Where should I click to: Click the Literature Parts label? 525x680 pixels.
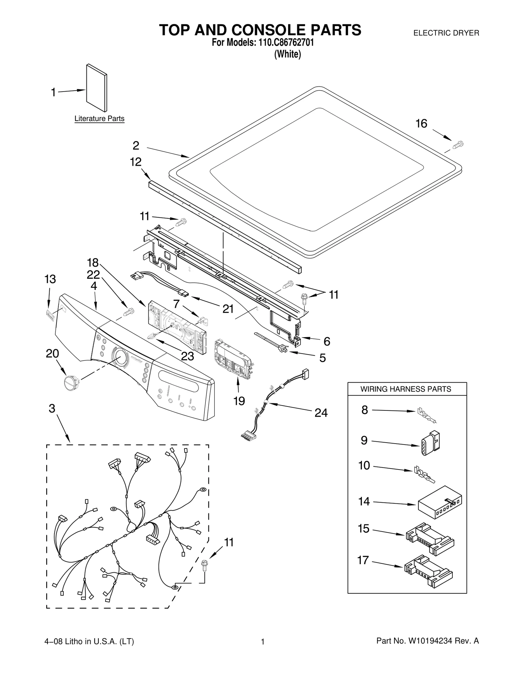click(99, 119)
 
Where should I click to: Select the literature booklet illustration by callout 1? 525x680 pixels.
click(96, 88)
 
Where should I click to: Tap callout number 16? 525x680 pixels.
click(421, 124)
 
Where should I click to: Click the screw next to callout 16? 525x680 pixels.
click(458, 144)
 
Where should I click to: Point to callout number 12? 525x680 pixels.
click(136, 162)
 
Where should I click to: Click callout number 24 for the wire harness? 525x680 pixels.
click(321, 413)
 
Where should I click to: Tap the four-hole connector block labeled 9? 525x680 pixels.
click(430, 443)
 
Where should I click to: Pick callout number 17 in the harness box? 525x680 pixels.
click(363, 560)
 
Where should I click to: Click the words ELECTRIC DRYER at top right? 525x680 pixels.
click(446, 33)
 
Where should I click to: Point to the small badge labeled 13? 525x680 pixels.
click(50, 315)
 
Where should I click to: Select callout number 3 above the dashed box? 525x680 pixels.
click(52, 408)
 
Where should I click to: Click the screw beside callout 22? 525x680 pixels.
click(129, 312)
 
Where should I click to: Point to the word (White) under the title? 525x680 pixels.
click(287, 54)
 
